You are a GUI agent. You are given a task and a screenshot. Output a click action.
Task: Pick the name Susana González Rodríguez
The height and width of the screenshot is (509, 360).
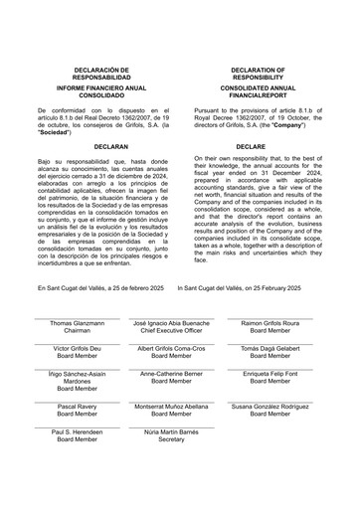click(x=270, y=407)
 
